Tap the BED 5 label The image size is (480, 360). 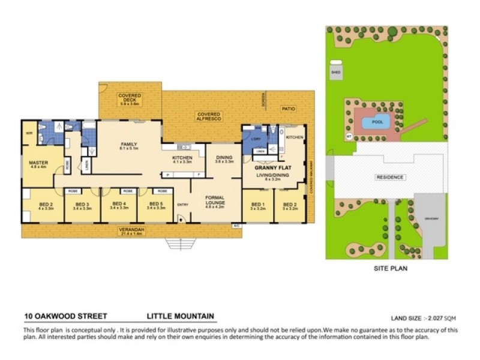[155, 206]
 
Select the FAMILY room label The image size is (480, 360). [129, 145]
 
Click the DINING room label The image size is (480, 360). [224, 158]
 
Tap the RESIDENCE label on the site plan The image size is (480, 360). [390, 178]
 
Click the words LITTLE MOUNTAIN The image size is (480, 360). [181, 316]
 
